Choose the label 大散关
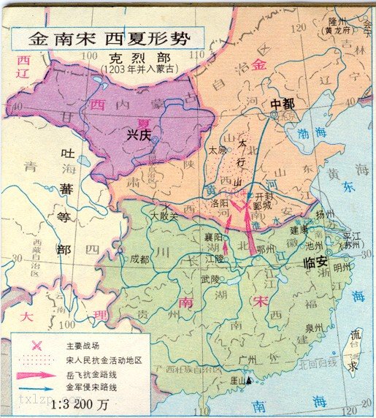click(164, 216)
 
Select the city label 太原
click(217, 149)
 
